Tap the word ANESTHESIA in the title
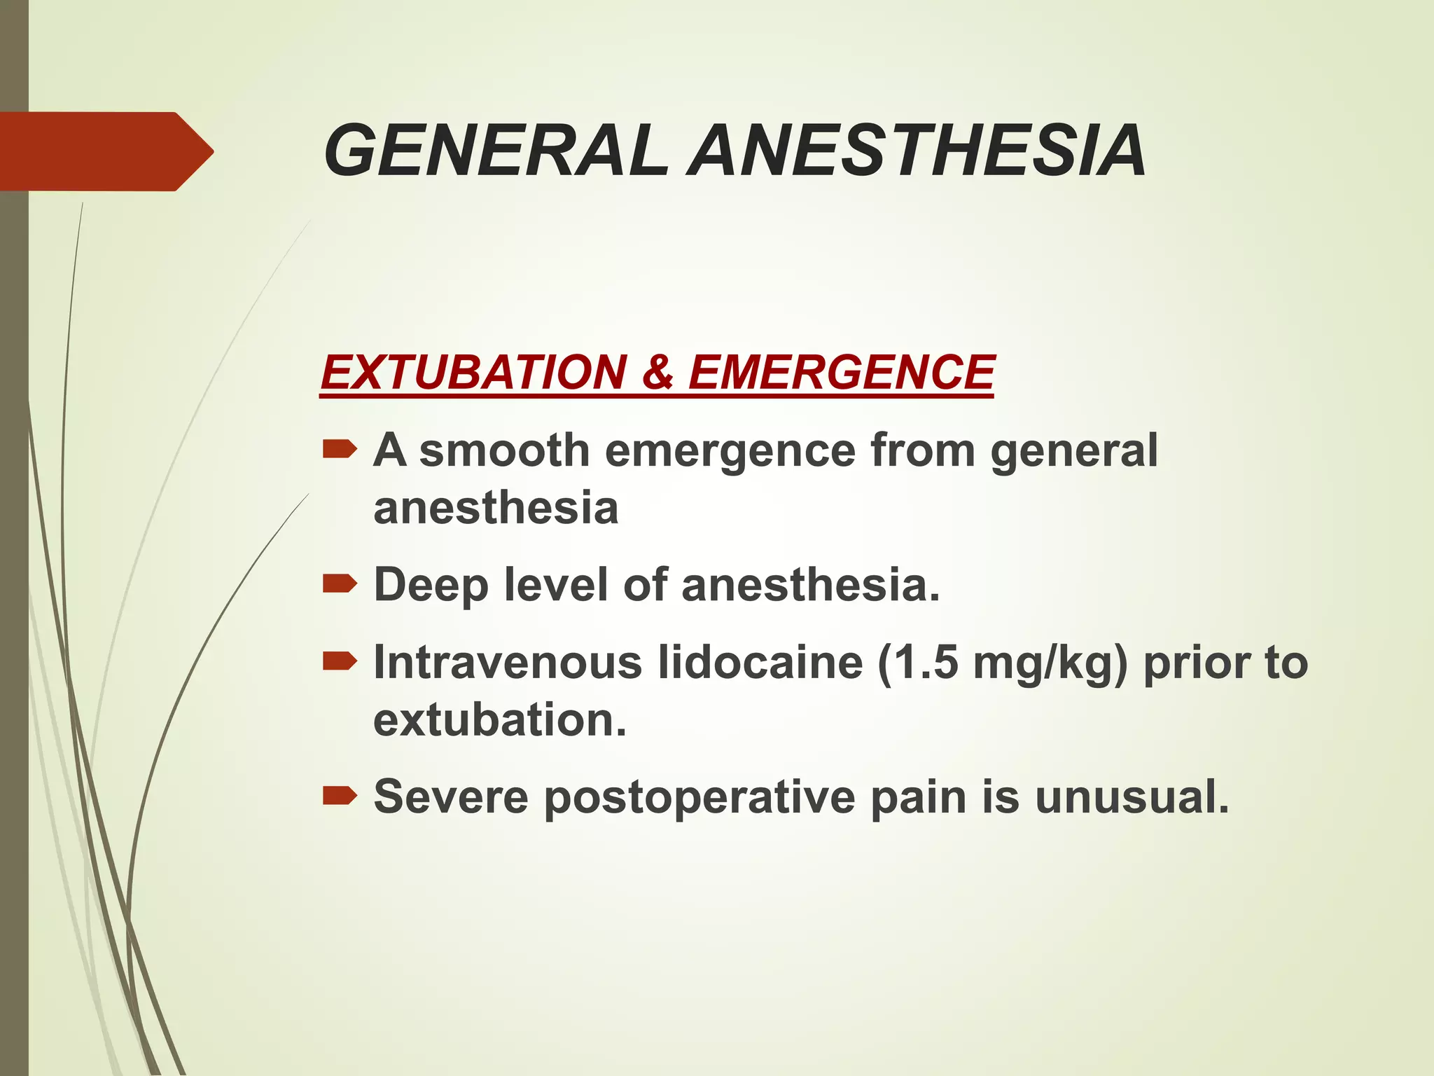(x=917, y=151)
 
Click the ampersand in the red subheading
(x=657, y=372)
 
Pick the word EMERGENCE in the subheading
(x=841, y=372)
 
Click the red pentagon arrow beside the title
(x=105, y=151)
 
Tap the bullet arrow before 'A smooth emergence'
(x=340, y=448)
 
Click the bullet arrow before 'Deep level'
(x=340, y=583)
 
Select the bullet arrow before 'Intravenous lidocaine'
(x=340, y=661)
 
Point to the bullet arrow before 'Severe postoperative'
(x=340, y=795)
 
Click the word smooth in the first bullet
(x=504, y=450)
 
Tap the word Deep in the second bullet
(x=431, y=586)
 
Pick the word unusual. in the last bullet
(x=1132, y=797)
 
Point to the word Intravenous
(x=508, y=662)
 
